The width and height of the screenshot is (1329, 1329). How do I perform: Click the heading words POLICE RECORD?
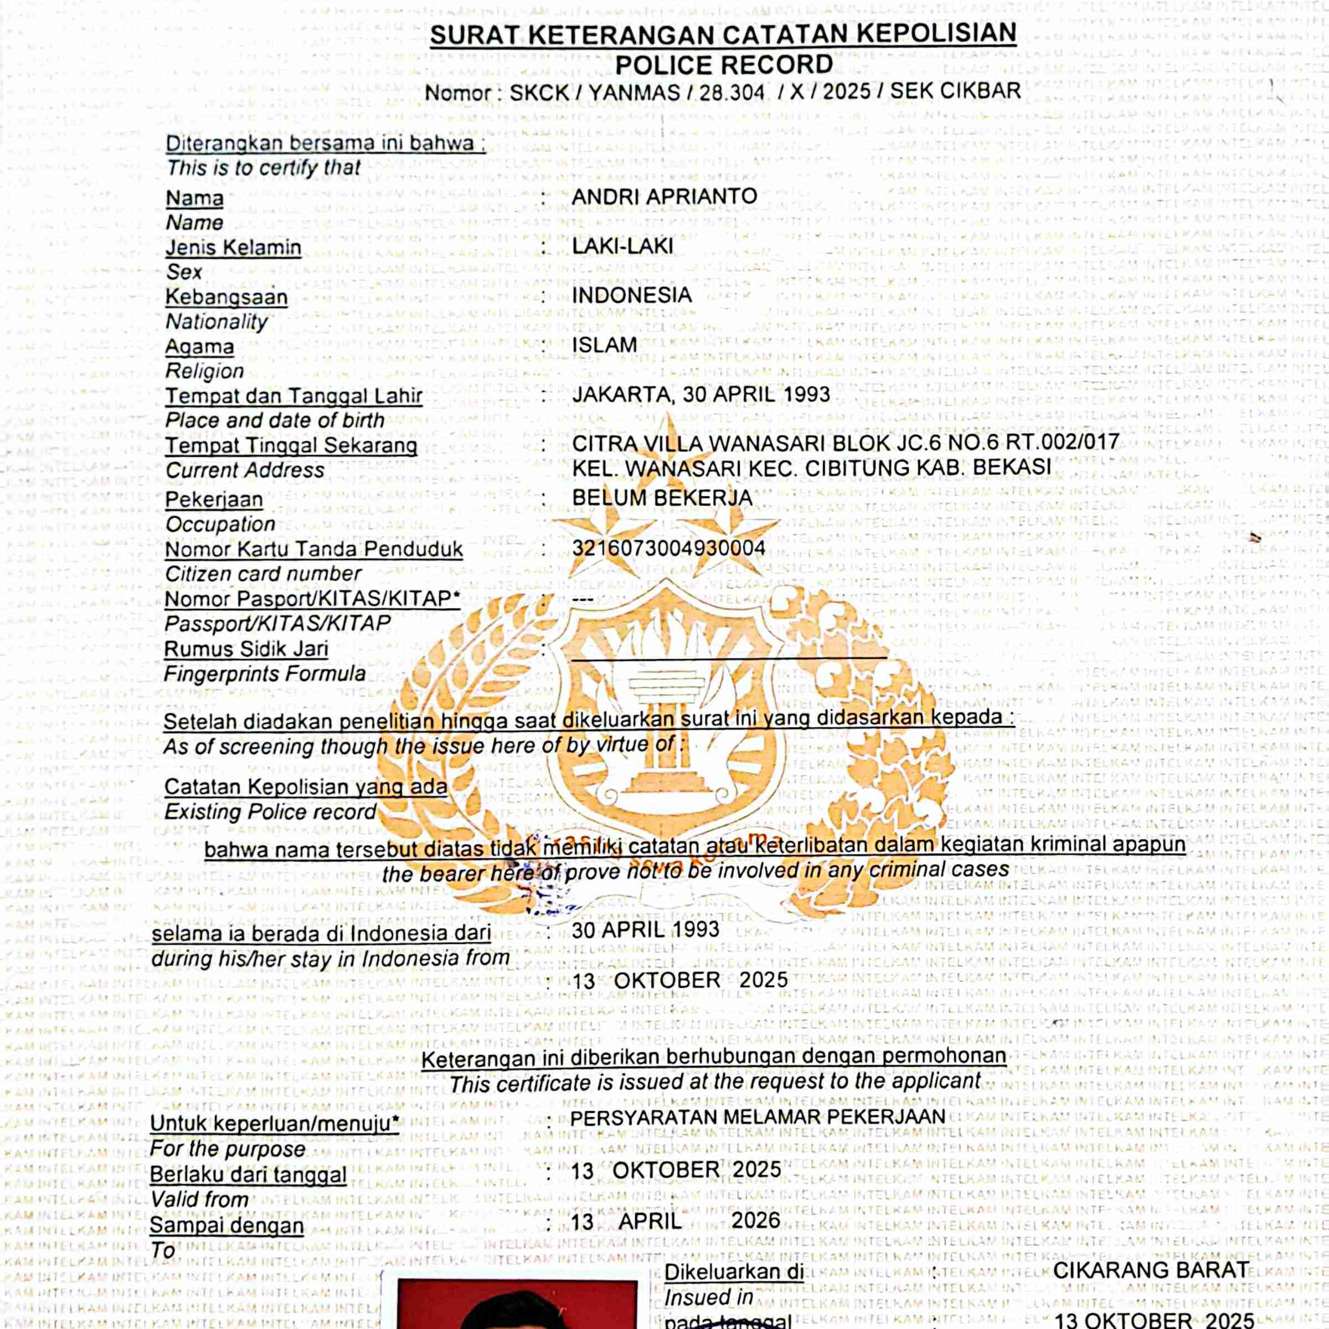(x=724, y=65)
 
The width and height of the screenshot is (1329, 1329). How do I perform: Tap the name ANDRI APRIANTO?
(x=664, y=196)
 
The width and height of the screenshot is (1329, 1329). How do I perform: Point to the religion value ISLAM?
(x=605, y=344)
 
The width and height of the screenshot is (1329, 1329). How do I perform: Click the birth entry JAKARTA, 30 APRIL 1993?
(x=701, y=394)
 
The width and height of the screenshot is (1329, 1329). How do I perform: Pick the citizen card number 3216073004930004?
(x=668, y=548)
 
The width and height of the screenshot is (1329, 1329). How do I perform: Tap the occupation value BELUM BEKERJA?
(x=662, y=497)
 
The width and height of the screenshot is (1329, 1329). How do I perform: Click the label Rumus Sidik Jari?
(x=246, y=648)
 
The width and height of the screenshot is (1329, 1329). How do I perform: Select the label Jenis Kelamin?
(x=233, y=248)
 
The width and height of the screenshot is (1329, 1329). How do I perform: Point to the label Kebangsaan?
(x=226, y=297)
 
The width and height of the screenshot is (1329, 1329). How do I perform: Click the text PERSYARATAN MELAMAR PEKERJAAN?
(x=758, y=1116)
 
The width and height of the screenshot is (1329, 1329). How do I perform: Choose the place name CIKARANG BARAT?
(x=1151, y=1270)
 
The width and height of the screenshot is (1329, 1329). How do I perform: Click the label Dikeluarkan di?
(x=734, y=1272)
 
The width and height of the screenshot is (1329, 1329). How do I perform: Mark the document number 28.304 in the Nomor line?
(x=732, y=92)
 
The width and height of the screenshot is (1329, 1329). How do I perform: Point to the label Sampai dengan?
(x=226, y=1225)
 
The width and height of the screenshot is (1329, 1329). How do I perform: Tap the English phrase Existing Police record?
(x=270, y=812)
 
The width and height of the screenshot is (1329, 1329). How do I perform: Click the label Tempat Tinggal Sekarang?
(x=291, y=446)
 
